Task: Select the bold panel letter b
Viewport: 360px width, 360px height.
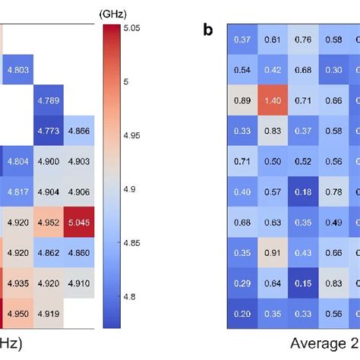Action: tap(208, 30)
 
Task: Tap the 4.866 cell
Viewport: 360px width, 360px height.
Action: tap(80, 131)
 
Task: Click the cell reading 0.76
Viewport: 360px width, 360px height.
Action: tap(304, 39)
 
